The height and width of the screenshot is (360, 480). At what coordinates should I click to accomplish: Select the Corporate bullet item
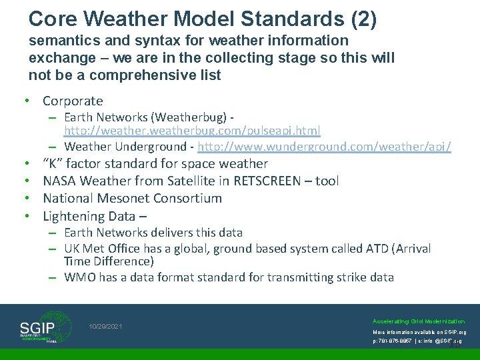[73, 101]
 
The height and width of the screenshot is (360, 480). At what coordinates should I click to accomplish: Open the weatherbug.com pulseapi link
[192, 130]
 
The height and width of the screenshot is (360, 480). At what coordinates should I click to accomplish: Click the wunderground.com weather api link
[325, 146]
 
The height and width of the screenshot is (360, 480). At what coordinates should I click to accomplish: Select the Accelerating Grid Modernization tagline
[419, 321]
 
